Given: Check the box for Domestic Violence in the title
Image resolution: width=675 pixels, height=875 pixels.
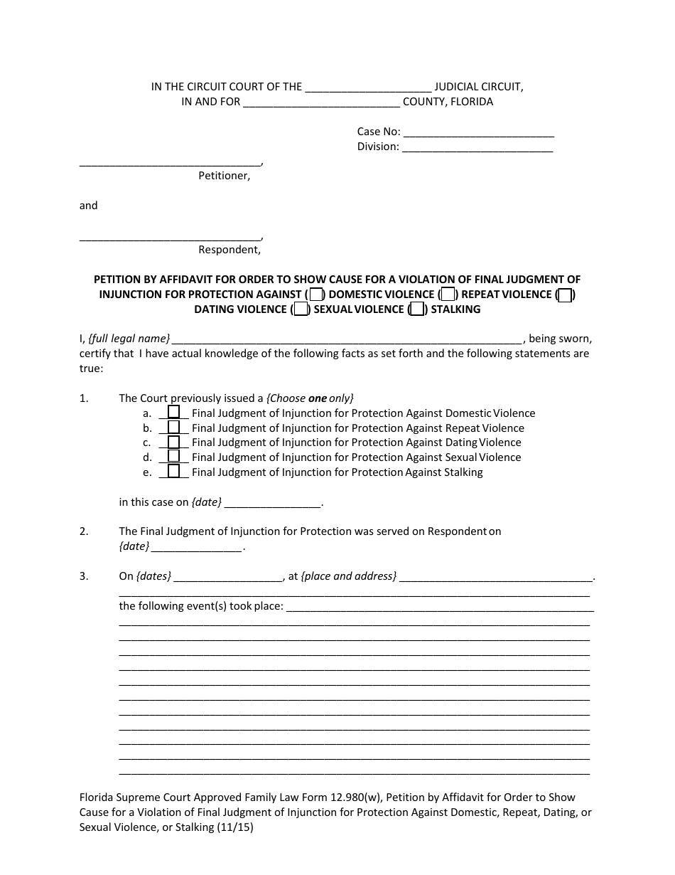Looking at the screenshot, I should pos(316,295).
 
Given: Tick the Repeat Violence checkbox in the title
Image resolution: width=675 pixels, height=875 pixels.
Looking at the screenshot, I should pos(447,295).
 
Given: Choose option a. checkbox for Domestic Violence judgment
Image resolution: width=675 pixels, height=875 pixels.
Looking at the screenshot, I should pos(173,413).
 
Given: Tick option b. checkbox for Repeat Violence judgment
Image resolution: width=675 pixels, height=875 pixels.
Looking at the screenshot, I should pos(173,428).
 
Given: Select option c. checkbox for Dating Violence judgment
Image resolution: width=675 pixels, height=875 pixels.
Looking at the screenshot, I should pos(173,442).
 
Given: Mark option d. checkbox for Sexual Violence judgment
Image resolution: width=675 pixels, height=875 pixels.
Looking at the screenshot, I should pos(173,457).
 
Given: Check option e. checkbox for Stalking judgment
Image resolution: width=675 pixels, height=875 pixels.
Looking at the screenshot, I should pos(173,472).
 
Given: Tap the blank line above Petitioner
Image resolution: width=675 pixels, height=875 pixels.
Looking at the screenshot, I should pos(170,161).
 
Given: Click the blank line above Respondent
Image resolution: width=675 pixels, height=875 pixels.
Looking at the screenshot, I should pos(170,235).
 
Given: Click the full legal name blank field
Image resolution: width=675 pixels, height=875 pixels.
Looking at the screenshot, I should pos(347,339).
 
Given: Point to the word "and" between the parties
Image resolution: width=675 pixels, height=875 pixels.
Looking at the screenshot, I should pos(88,206).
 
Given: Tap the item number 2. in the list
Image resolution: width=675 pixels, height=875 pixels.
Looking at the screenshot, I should pos(84,531).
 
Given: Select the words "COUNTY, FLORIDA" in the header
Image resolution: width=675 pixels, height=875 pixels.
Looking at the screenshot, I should pos(448,102).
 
